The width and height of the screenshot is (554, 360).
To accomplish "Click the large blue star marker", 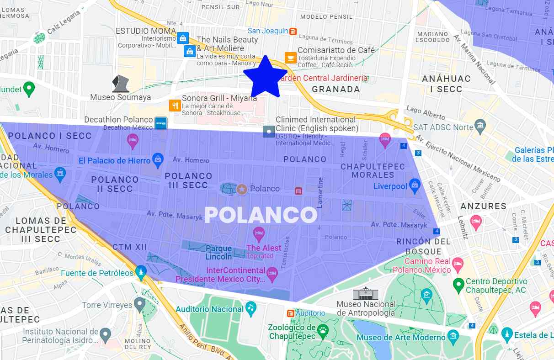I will [265, 77].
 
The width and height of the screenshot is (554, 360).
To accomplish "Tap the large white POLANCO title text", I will [261, 215].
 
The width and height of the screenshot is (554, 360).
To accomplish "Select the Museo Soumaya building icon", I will [121, 83].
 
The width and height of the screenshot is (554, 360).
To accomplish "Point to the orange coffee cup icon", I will [290, 57].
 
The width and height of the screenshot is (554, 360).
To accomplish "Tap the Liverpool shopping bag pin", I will [415, 185].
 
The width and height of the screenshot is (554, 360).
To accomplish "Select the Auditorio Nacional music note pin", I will [250, 308].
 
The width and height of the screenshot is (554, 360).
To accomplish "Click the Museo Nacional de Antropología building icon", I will [366, 292].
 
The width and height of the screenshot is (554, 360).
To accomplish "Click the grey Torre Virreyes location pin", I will [139, 304].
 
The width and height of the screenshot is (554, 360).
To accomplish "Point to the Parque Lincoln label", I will [218, 253].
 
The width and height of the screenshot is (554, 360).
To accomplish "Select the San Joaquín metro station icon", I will [293, 31].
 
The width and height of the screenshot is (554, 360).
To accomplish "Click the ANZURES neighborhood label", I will [483, 206].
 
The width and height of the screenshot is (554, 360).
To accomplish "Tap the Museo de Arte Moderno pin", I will [453, 337].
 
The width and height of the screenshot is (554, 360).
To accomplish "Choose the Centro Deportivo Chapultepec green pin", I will [458, 285].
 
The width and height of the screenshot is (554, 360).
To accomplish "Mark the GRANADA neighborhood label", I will [336, 90].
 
